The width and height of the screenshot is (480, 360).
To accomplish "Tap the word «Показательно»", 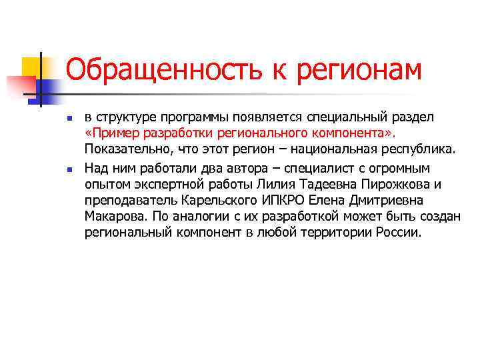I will click(x=123, y=148).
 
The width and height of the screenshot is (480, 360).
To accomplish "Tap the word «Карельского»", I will click(x=213, y=201).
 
